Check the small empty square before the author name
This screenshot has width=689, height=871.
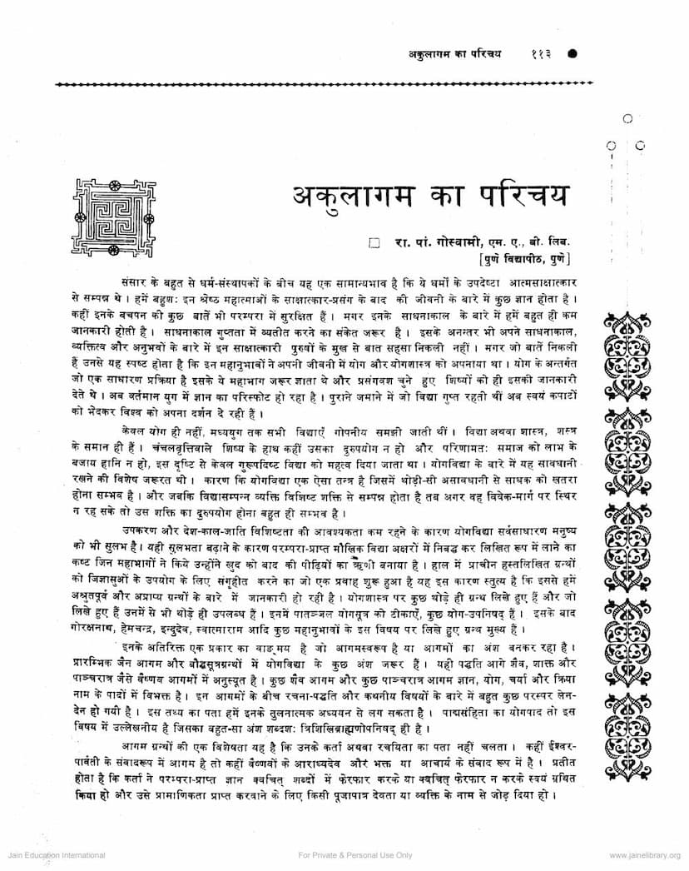(374, 243)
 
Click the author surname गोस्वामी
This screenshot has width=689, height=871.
(454, 243)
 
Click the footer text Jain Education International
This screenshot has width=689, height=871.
(52, 855)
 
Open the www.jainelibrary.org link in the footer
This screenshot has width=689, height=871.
(643, 855)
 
